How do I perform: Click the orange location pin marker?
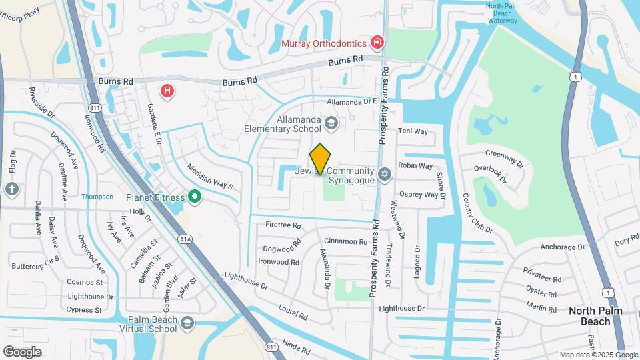[x=320, y=159]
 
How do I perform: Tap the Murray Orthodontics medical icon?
[x=377, y=43]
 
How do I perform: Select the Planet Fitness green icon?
[x=195, y=197]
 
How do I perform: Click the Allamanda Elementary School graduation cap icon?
[x=331, y=123]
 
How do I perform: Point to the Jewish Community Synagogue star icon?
[x=383, y=175]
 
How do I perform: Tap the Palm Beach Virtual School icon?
[x=187, y=323]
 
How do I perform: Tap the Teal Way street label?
[x=413, y=131]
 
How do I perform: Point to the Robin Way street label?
[x=415, y=165]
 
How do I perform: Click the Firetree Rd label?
[x=283, y=225]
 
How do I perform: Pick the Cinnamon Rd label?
[x=345, y=241]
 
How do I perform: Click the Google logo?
[x=22, y=351]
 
